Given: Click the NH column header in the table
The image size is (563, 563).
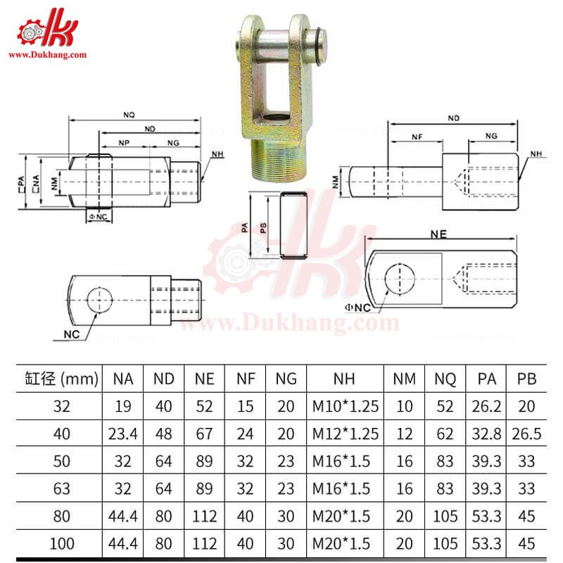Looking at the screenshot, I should (x=344, y=379).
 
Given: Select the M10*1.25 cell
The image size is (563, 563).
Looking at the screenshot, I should (x=344, y=405).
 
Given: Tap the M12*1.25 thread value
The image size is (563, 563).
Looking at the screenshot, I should (x=344, y=433).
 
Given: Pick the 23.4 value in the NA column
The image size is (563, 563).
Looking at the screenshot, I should (x=122, y=433).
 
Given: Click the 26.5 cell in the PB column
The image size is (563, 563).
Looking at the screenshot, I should (x=527, y=433).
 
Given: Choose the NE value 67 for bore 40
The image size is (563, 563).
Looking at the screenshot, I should (x=204, y=433).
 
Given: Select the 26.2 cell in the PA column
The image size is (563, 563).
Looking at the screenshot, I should (x=486, y=405).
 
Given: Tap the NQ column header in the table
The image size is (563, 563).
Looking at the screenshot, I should (x=445, y=379).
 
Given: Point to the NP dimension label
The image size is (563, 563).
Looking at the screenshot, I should (x=124, y=142).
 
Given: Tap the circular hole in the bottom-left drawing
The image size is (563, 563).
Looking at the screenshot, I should (x=101, y=301).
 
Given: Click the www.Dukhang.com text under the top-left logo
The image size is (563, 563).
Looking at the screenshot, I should (x=47, y=54).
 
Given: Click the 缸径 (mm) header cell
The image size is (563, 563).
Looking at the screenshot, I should (x=56, y=379).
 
